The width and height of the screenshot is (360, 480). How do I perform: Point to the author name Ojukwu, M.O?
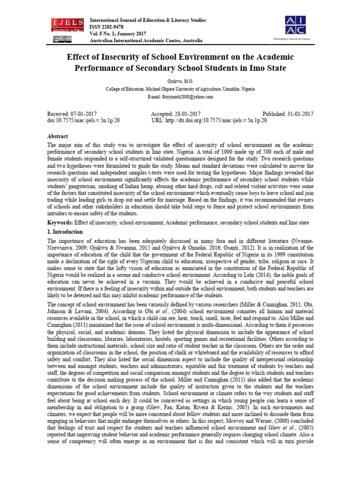pyautogui.click(x=180, y=81)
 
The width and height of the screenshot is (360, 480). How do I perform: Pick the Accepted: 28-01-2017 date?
pyautogui.click(x=176, y=114)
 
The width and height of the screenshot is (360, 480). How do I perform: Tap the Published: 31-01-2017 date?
pyautogui.click(x=288, y=114)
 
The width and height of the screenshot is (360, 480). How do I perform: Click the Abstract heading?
pyautogui.click(x=58, y=136)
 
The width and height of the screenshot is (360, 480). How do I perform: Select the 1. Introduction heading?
pyautogui.click(x=65, y=232)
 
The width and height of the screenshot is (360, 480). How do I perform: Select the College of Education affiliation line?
pyautogui.click(x=180, y=89)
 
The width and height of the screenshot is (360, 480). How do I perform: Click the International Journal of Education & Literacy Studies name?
pyautogui.click(x=148, y=21)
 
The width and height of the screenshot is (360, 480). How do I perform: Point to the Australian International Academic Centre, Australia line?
pyautogui.click(x=146, y=41)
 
